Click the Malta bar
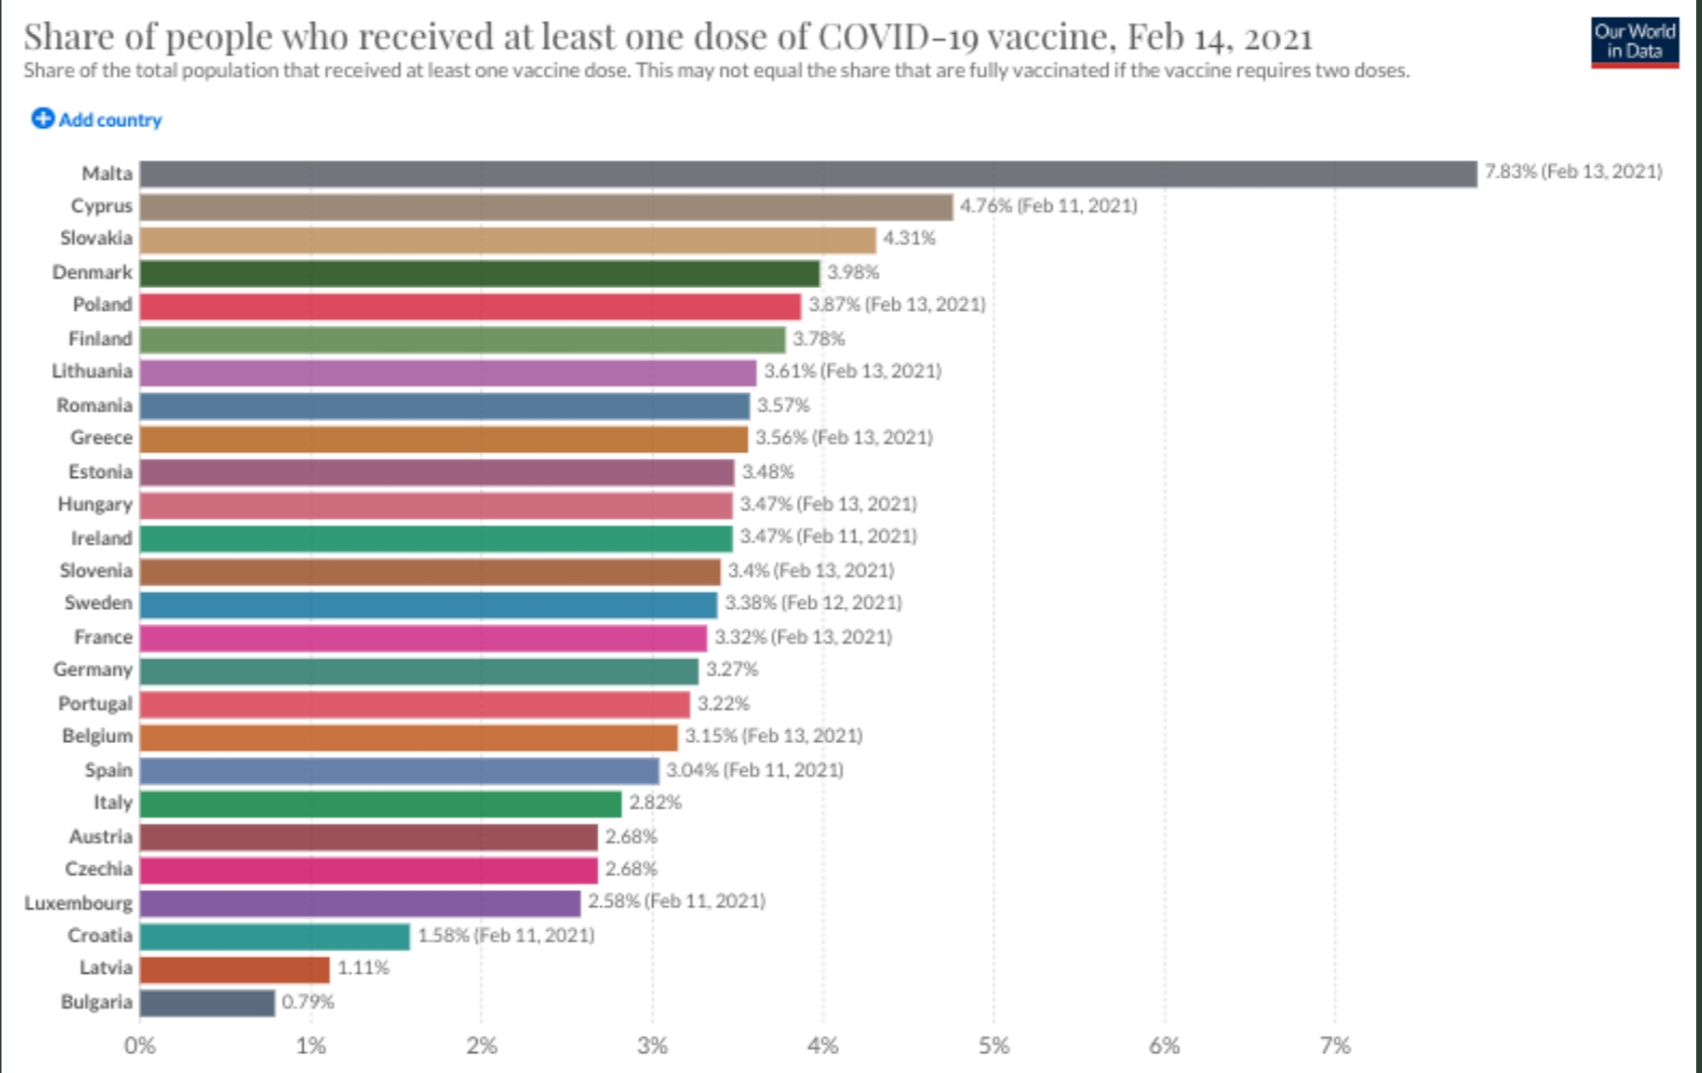coord(808,174)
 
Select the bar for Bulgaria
coord(207,1002)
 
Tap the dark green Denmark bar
coord(479,273)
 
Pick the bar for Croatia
coord(274,936)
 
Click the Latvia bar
coord(234,969)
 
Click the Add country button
coord(96,119)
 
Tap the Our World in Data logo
coord(1633,42)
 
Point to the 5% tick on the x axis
coord(994,1046)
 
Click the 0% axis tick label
coord(140,1046)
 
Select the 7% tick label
coord(1334,1046)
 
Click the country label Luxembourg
coord(78,903)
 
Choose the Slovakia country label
coord(95,238)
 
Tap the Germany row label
coord(92,670)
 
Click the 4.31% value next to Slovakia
coord(909,238)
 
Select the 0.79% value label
coord(308,1001)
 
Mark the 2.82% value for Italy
coord(655,803)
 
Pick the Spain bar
coord(398,771)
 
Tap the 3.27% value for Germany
coord(731,670)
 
